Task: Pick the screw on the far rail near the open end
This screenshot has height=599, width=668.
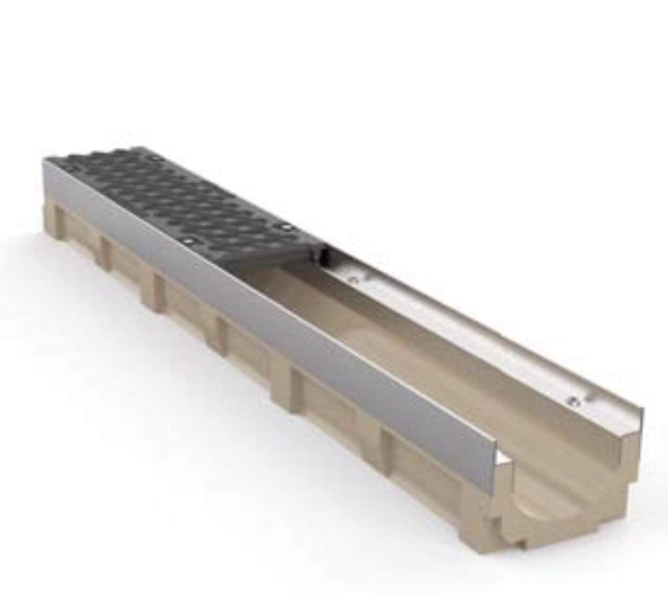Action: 572,402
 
